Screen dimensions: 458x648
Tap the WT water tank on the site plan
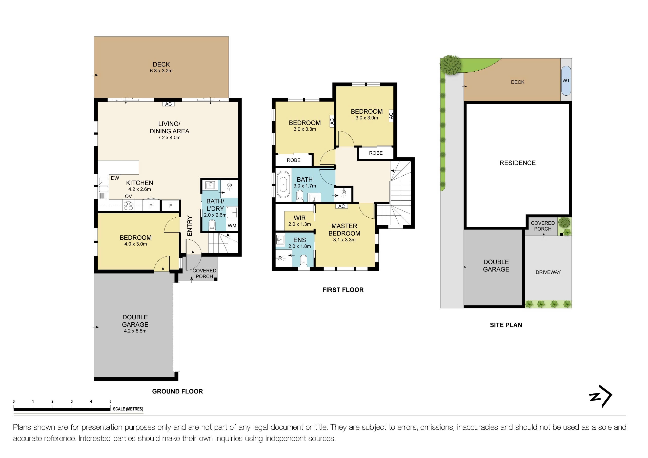(x=566, y=81)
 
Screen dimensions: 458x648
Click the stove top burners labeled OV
(x=128, y=205)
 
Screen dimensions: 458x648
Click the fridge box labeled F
(x=170, y=206)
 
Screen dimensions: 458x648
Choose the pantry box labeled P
(x=151, y=206)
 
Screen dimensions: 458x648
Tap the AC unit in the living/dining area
(x=169, y=104)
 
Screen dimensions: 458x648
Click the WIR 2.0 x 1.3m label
(x=299, y=221)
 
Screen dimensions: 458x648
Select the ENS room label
(x=299, y=240)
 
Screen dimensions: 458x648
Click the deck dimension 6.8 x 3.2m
(x=161, y=71)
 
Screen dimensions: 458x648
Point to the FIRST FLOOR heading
(x=343, y=290)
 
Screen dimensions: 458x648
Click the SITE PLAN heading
(x=506, y=325)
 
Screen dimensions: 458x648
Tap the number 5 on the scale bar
(x=110, y=401)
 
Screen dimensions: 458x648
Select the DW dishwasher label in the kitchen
(x=115, y=178)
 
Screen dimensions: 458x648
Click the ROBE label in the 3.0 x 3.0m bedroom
(x=376, y=153)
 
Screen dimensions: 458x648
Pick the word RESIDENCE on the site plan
(x=517, y=163)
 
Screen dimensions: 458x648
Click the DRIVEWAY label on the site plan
(x=548, y=272)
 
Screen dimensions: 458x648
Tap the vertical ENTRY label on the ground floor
(x=190, y=226)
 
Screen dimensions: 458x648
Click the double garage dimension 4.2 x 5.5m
(x=135, y=331)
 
